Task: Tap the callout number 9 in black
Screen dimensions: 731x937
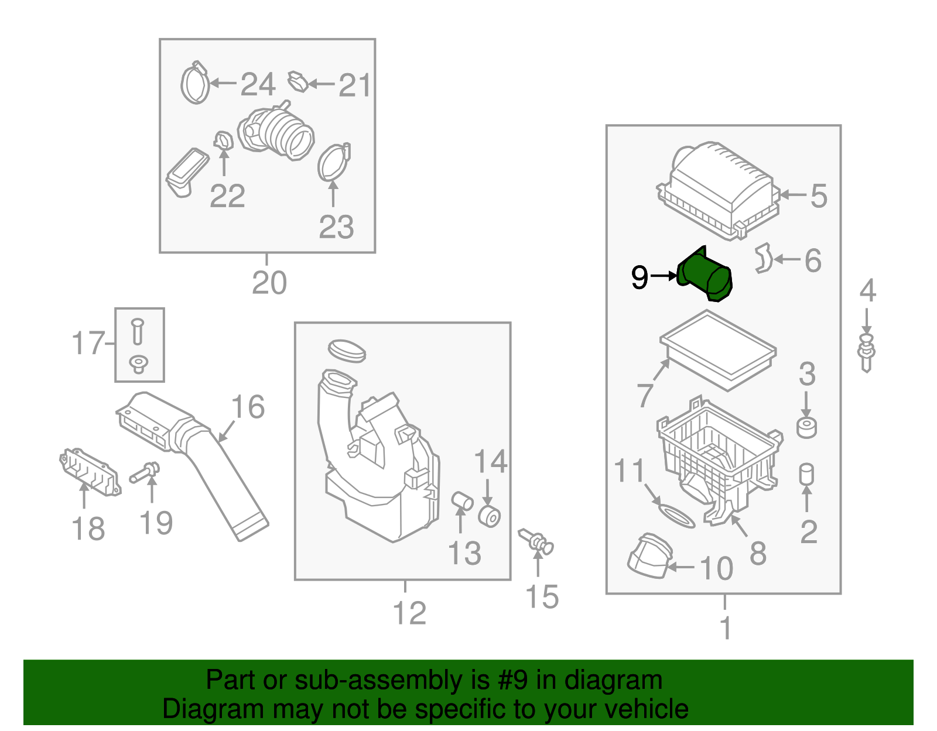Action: [640, 277]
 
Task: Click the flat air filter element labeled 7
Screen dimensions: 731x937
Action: [718, 349]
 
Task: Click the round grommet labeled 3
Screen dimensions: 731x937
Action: [806, 428]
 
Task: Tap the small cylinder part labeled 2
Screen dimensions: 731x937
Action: [806, 475]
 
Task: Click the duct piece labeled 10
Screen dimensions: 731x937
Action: [649, 556]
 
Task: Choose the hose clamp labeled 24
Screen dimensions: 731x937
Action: [195, 84]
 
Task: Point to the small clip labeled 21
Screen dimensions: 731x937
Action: [297, 82]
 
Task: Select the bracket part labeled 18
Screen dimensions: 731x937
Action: [90, 472]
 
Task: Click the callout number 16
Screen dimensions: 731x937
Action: [248, 407]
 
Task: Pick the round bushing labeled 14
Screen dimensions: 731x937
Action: [489, 516]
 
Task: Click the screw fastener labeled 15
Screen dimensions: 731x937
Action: [536, 541]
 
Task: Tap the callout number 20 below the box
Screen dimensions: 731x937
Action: [269, 283]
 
